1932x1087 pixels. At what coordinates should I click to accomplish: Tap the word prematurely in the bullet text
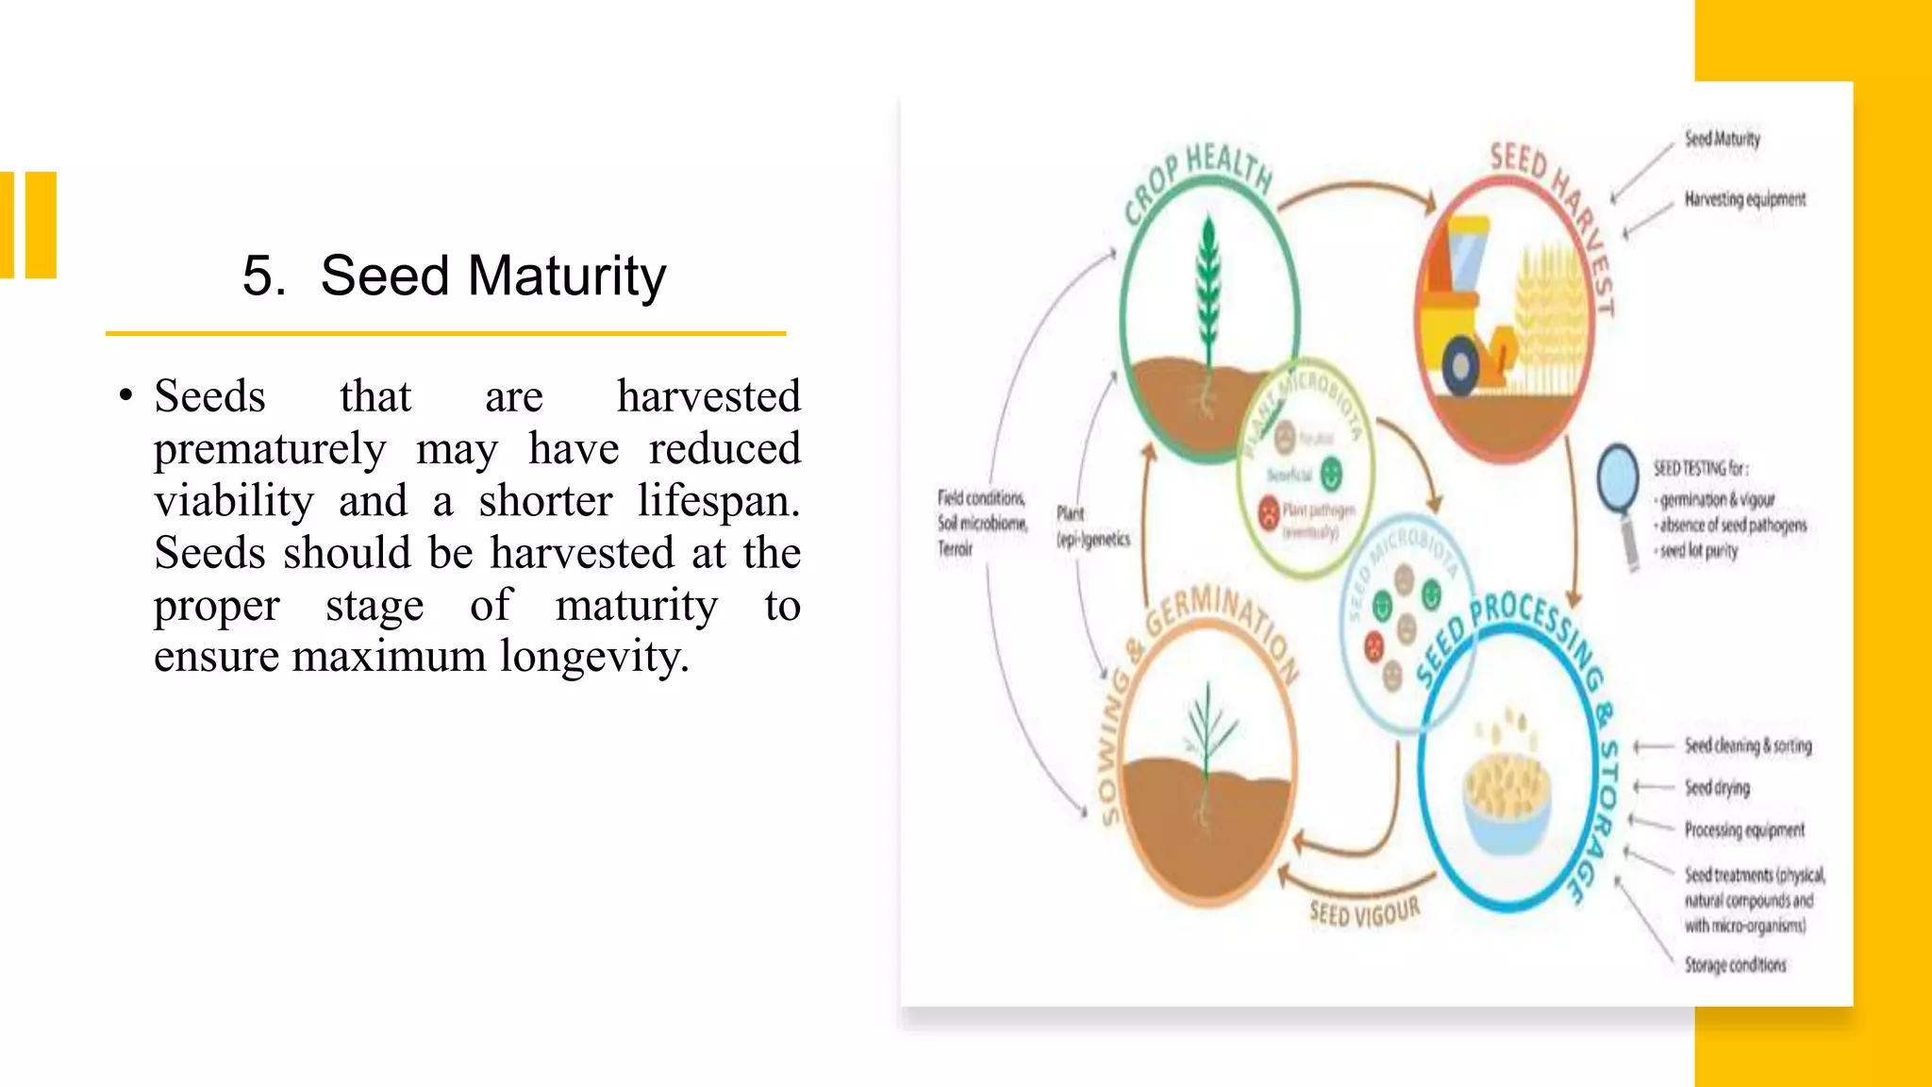[270, 449]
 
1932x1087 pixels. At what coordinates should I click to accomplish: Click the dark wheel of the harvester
[1461, 365]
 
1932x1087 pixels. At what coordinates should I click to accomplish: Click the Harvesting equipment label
[1744, 199]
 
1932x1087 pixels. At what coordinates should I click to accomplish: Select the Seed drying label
[1717, 787]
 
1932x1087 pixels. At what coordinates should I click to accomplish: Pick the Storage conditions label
[1735, 964]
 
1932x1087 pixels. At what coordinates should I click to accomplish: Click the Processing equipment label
[1744, 829]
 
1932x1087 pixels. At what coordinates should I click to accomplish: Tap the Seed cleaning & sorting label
[1748, 745]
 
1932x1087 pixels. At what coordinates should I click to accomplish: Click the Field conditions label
[980, 497]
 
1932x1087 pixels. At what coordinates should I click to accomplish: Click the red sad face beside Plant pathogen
[1270, 512]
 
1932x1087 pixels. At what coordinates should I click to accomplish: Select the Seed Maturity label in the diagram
[1722, 139]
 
